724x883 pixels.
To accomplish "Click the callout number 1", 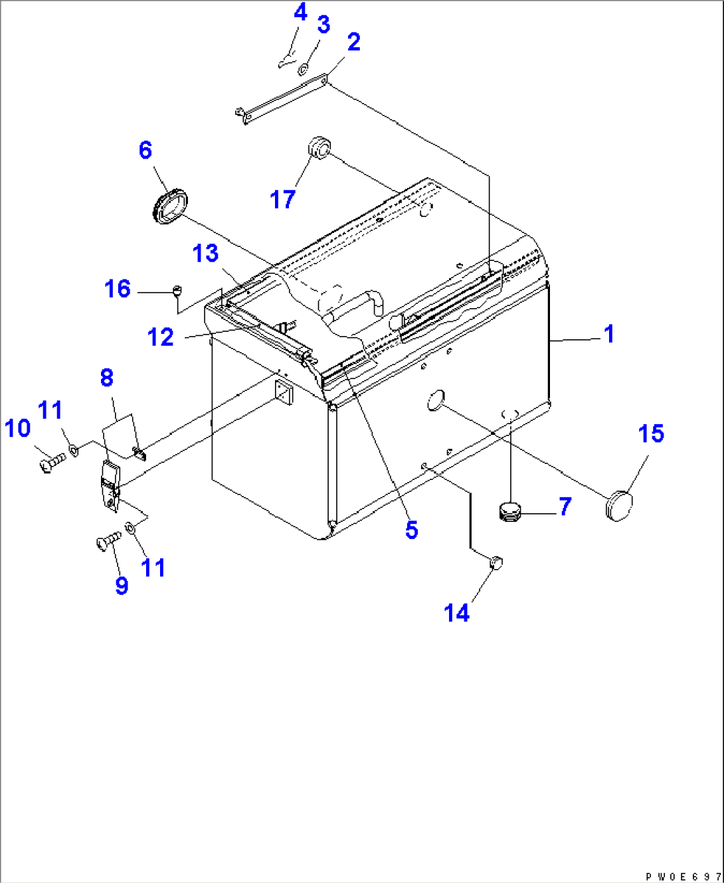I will [x=609, y=334].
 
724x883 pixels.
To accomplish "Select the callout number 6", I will [x=145, y=150].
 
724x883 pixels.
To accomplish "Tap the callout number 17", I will [x=282, y=199].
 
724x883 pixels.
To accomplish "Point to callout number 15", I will [x=651, y=434].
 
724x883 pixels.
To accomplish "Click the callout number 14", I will [x=456, y=613].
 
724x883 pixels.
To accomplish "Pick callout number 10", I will [x=18, y=428].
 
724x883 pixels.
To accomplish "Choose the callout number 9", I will [x=122, y=585].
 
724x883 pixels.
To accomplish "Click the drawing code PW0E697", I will [x=683, y=877].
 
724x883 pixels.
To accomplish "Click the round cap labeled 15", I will [x=619, y=505].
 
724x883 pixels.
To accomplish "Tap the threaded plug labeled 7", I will [x=509, y=512].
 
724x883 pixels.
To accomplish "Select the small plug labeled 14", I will [x=496, y=563].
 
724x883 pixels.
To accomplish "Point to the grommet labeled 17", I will [x=318, y=147].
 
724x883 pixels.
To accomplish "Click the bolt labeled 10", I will [x=52, y=461].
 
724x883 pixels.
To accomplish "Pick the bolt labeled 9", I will [x=108, y=541].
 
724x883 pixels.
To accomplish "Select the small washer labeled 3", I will [x=304, y=68].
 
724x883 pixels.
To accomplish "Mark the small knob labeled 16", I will [x=177, y=289].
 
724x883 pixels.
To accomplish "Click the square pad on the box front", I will [x=284, y=392].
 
